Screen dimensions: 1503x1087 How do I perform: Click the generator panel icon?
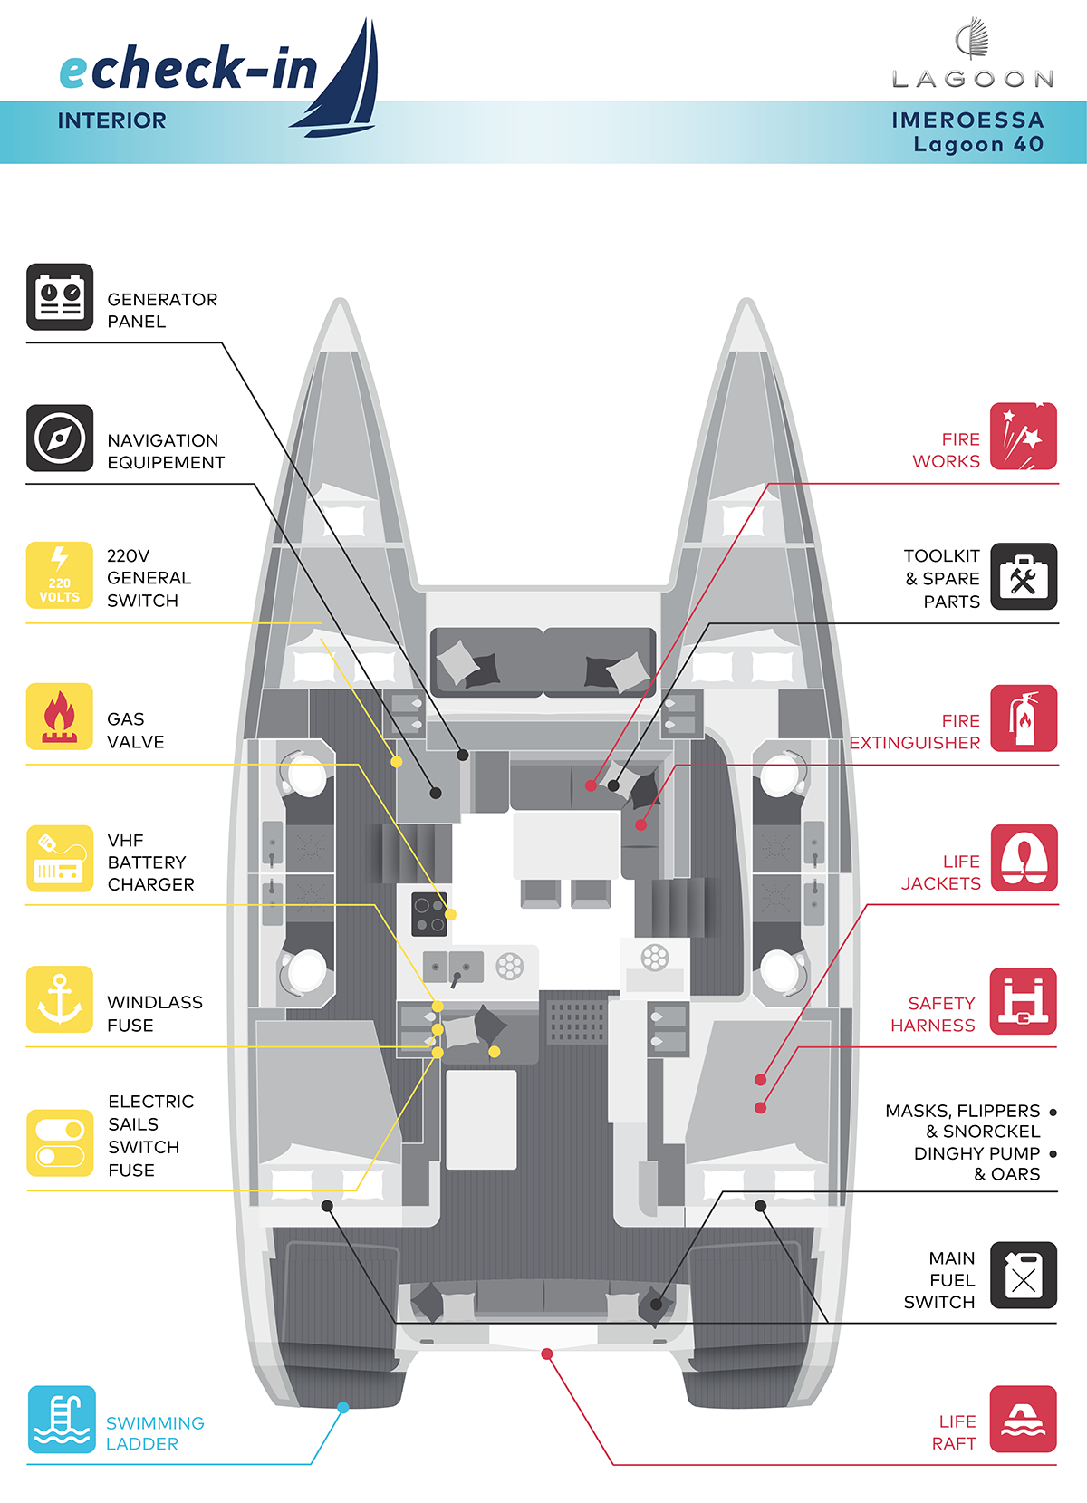pyautogui.click(x=60, y=297)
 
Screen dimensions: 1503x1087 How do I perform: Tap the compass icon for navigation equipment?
pyautogui.click(x=60, y=438)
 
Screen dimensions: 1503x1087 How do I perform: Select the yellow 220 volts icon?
pyautogui.click(x=60, y=575)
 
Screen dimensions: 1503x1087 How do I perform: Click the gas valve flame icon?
pyautogui.click(x=60, y=717)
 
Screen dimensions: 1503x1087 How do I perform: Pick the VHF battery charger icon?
pyautogui.click(x=60, y=859)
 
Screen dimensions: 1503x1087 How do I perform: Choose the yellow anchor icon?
pyautogui.click(x=60, y=1000)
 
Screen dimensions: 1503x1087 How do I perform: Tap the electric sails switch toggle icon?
pyautogui.click(x=60, y=1143)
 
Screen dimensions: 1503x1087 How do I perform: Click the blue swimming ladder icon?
pyautogui.click(x=62, y=1420)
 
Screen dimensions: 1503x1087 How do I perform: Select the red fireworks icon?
pyautogui.click(x=1024, y=437)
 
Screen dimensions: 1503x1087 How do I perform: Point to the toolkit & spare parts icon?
pyautogui.click(x=1024, y=577)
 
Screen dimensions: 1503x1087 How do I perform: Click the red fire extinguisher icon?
pyautogui.click(x=1024, y=718)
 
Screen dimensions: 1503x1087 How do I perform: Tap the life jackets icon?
pyautogui.click(x=1024, y=859)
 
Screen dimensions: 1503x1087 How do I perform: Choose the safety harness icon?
pyautogui.click(x=1024, y=1001)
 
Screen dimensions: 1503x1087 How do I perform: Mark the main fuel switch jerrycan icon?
pyautogui.click(x=1024, y=1276)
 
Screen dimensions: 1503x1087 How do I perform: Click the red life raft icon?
pyautogui.click(x=1024, y=1420)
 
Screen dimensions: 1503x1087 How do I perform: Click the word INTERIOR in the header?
pyautogui.click(x=112, y=120)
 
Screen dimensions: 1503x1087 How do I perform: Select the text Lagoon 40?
pyautogui.click(x=978, y=144)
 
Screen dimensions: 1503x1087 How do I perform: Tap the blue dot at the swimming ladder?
pyautogui.click(x=343, y=1408)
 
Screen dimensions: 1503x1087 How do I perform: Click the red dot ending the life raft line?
pyautogui.click(x=547, y=1354)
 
